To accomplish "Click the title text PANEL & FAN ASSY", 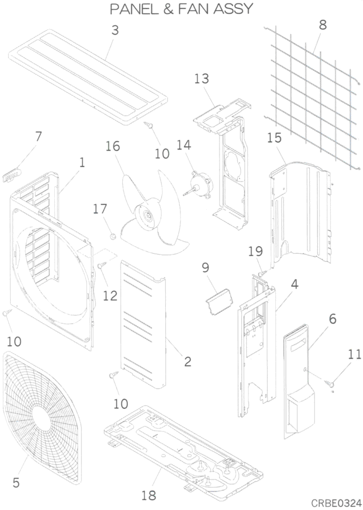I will (181, 9).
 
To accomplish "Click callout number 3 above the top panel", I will (115, 30).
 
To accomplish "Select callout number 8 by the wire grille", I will (323, 25).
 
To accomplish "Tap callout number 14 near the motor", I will (184, 146).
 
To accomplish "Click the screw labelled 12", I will (101, 267).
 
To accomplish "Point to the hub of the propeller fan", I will (148, 216).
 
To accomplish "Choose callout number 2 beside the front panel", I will (188, 362).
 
